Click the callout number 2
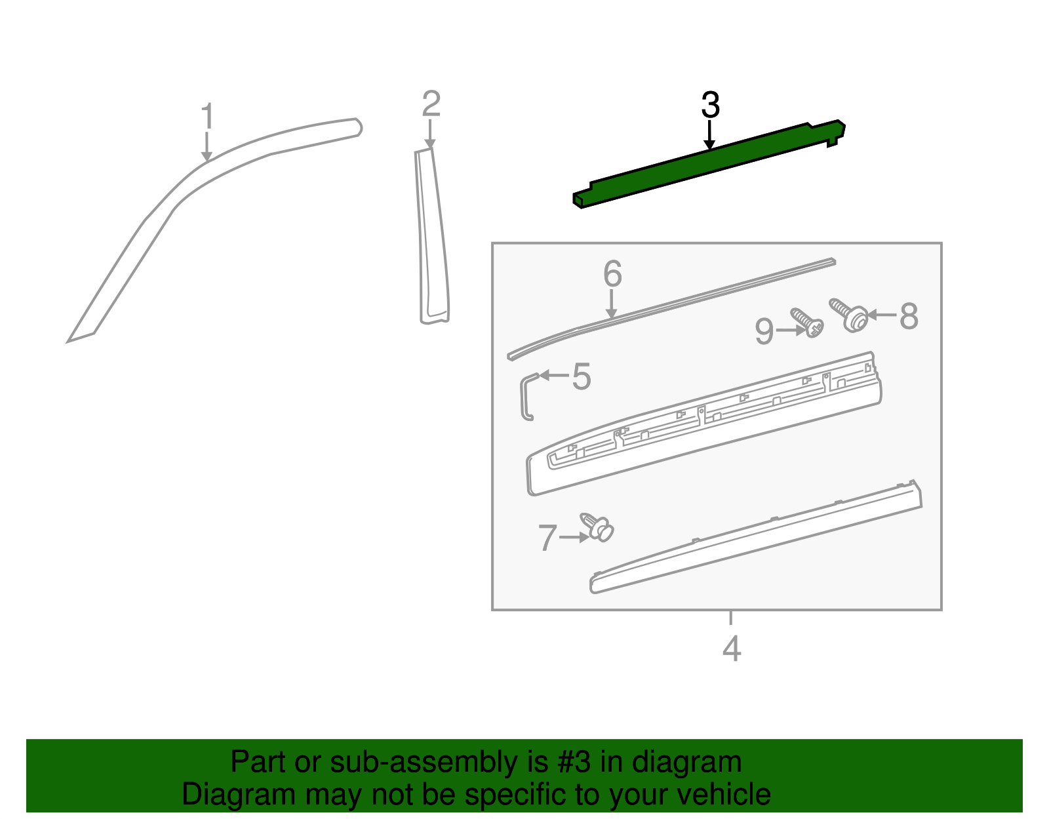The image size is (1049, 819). (431, 104)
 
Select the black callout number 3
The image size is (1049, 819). (710, 106)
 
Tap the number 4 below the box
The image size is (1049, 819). (731, 649)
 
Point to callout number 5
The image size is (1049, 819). (581, 376)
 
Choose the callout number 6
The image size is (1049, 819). (612, 273)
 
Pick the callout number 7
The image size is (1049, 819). (547, 538)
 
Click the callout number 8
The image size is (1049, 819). (908, 316)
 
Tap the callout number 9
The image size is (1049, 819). (764, 331)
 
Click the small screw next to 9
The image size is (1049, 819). (808, 323)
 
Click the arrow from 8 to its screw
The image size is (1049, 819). (882, 315)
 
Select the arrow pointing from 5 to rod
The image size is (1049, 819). (554, 375)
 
